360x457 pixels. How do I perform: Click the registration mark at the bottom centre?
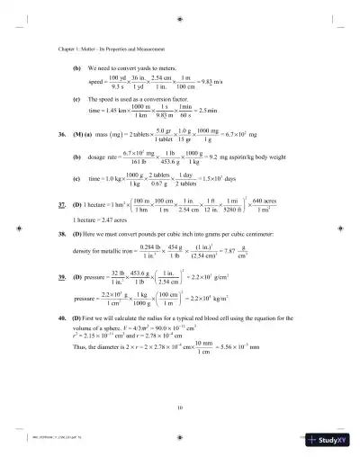pyautogui.click(x=181, y=439)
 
